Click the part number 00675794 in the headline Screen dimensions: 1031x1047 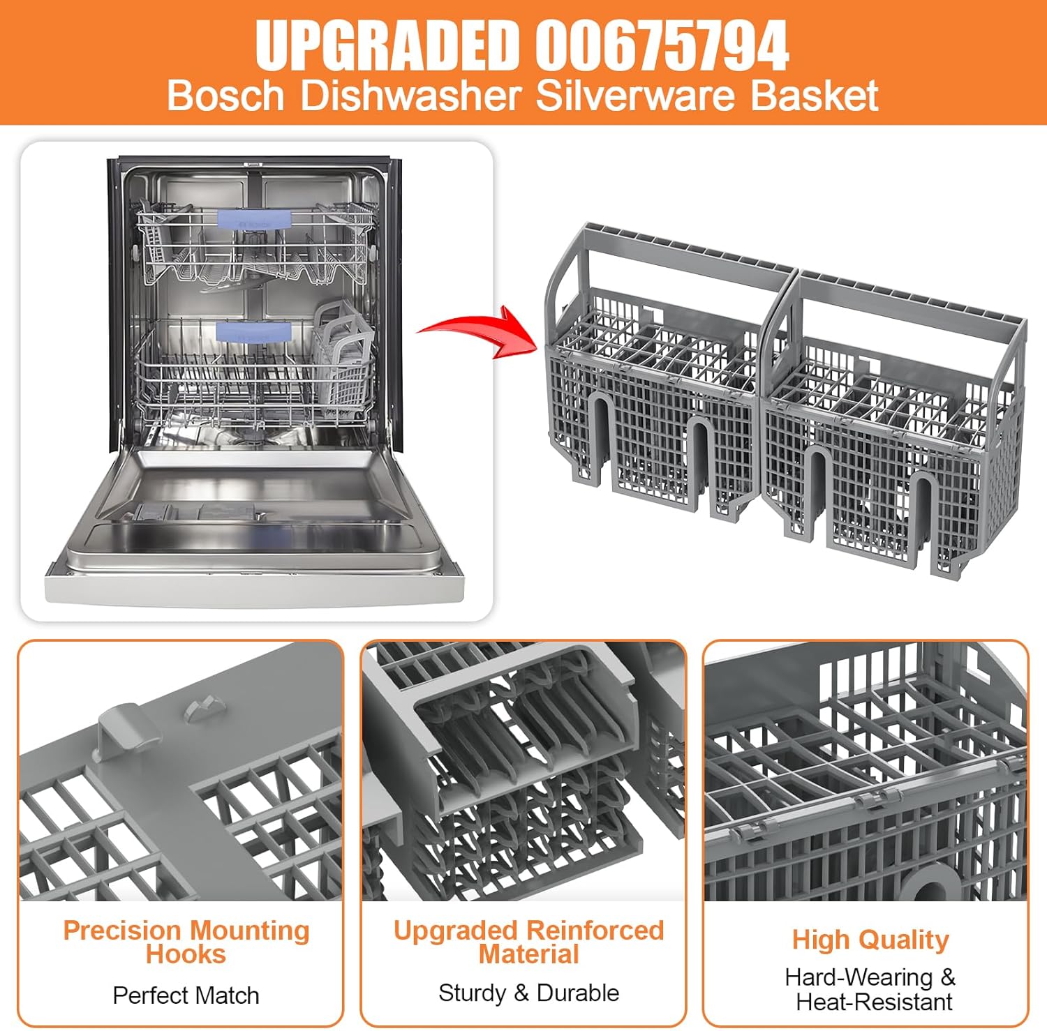pos(662,45)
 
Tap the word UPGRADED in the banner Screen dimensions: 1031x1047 pos(387,45)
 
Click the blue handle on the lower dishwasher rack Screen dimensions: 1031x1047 pos(253,330)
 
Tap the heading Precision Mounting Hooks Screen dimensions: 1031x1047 pos(186,942)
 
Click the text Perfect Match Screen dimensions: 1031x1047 pos(186,995)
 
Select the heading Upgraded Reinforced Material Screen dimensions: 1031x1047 pos(528,942)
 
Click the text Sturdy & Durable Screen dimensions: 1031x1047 pos(528,993)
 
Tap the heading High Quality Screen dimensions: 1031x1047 pos(870,940)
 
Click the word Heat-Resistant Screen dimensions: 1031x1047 pos(874,1002)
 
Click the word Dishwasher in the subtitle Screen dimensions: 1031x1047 pos(410,96)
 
